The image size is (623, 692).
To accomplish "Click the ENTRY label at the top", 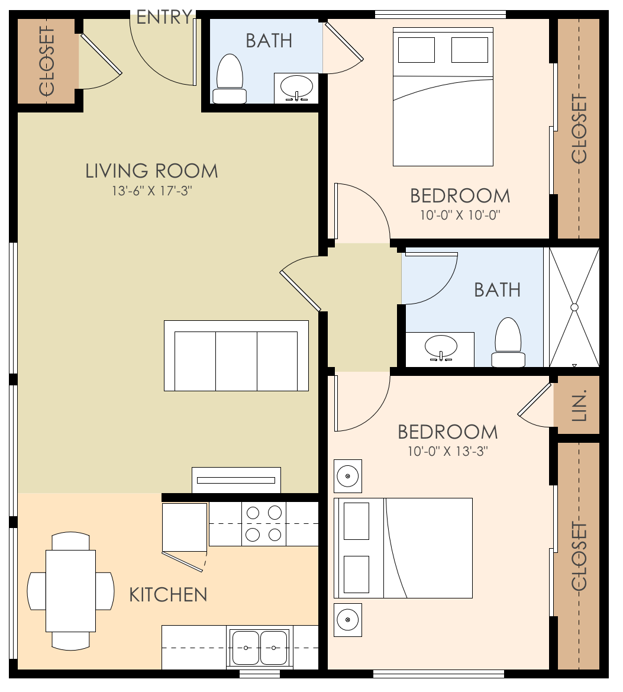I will [164, 17].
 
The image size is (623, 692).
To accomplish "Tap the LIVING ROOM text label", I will [151, 172].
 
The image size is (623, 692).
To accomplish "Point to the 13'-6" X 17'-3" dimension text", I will [151, 191].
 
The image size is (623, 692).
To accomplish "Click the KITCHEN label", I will [168, 594].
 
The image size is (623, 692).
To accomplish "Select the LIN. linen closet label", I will [579, 405].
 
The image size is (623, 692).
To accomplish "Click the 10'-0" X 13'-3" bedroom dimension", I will [447, 452].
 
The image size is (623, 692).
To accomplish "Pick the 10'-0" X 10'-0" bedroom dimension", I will [460, 215].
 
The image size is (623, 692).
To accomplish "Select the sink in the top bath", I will [296, 88].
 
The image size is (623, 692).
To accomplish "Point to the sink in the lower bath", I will [441, 347].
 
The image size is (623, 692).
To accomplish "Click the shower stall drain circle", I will [573, 307].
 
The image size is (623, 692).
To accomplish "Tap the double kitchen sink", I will [260, 648].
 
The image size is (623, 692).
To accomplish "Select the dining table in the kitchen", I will [71, 591].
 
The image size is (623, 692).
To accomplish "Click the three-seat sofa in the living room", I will [236, 356].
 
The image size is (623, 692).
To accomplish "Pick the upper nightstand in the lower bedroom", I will [348, 476].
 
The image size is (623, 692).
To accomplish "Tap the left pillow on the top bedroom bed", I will [417, 50].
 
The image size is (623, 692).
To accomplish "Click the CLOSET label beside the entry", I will [46, 61].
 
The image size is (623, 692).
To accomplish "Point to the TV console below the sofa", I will [236, 479].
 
